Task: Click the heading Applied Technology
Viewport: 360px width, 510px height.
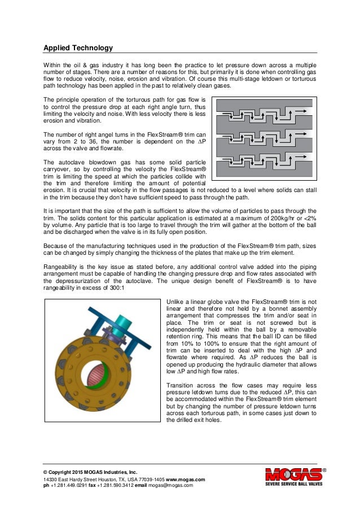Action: pos(78,47)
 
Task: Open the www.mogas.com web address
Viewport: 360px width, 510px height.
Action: pos(185,479)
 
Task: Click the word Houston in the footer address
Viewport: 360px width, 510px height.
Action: pos(109,479)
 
